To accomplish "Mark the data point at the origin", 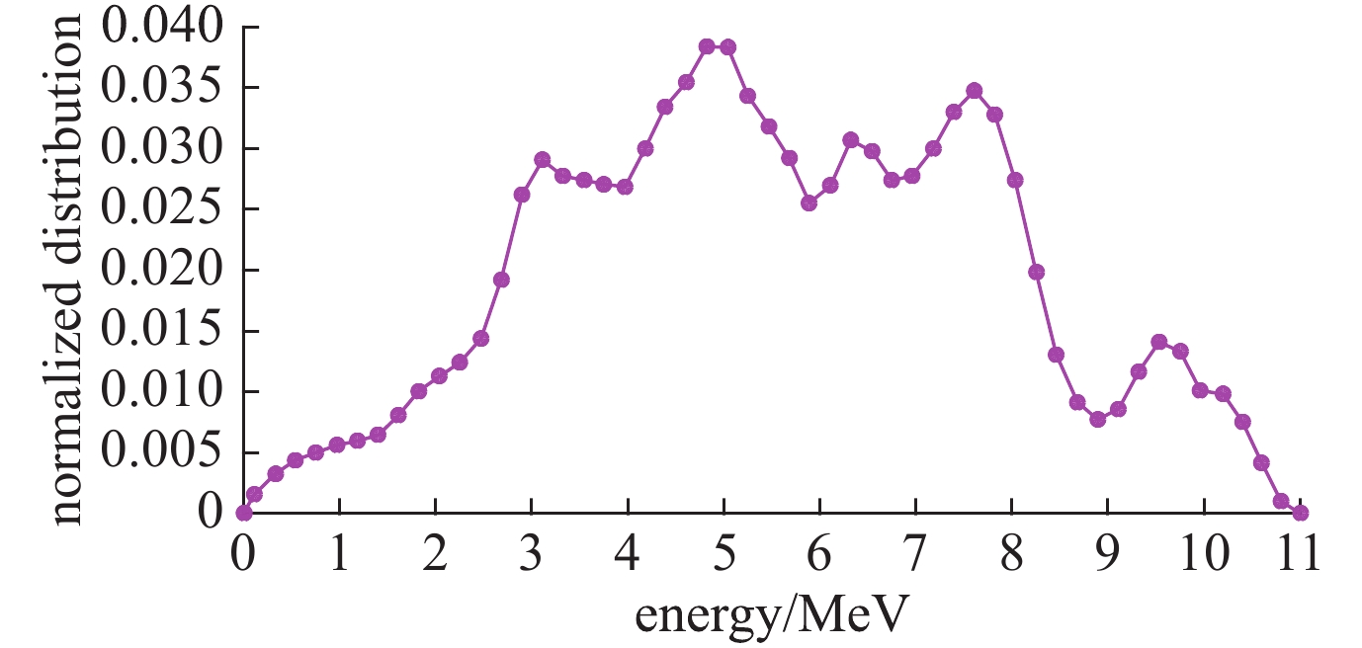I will click(243, 513).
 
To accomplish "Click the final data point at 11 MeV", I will click(1301, 513).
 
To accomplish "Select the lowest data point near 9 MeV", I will click(1097, 419).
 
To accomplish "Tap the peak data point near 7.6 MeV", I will click(975, 91).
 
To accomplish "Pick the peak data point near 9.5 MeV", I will click(1159, 342).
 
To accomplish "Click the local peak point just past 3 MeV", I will click(542, 159).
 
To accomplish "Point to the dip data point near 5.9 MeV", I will click(809, 202).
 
